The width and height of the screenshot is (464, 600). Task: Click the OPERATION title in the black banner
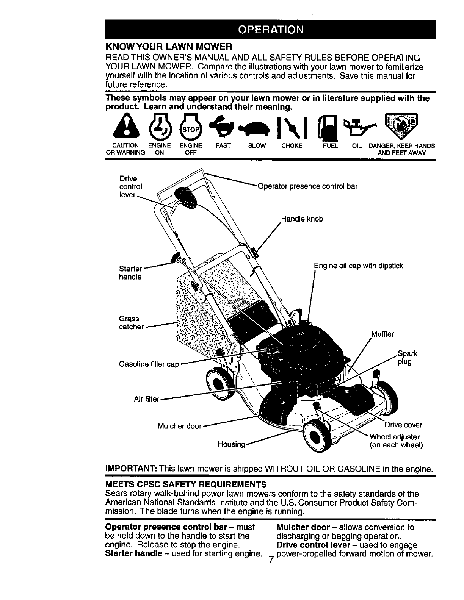[x=271, y=30]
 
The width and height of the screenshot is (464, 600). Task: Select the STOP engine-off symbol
[x=190, y=127]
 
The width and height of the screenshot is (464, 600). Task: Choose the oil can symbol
[x=359, y=127]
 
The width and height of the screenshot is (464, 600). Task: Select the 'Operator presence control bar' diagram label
[x=307, y=186]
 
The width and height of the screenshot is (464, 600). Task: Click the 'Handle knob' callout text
[x=302, y=219]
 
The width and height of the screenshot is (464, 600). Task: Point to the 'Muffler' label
[x=383, y=334]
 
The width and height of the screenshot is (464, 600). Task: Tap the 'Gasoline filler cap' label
[x=149, y=364]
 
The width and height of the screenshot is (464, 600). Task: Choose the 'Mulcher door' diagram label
[x=180, y=426]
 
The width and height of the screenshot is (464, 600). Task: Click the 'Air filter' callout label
[x=147, y=399]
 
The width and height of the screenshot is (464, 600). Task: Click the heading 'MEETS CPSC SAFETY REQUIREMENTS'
[x=186, y=484]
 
